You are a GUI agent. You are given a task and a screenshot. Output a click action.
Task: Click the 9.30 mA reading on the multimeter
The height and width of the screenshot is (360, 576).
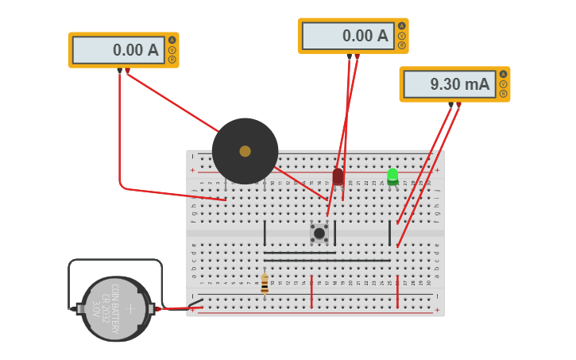[x=449, y=84]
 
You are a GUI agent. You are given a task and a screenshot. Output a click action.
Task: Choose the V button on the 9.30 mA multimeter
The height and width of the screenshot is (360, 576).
[x=503, y=83]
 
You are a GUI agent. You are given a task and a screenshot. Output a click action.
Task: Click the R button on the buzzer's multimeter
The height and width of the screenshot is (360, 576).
[x=172, y=59]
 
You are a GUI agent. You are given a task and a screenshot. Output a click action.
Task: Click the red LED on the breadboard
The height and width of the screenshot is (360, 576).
[x=338, y=176]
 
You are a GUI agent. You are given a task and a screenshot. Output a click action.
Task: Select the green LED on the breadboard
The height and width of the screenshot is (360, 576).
[x=392, y=176]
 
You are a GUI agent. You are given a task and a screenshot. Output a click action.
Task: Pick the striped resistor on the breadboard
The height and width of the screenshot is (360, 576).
[x=265, y=285]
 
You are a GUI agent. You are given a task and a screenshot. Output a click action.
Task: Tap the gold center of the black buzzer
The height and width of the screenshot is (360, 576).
[x=245, y=151]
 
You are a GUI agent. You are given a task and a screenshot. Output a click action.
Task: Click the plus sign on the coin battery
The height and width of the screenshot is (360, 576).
[x=131, y=308]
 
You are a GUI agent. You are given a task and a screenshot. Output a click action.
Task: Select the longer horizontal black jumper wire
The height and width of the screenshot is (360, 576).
[x=327, y=260]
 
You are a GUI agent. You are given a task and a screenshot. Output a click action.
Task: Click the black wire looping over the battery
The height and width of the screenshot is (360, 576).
[x=115, y=261]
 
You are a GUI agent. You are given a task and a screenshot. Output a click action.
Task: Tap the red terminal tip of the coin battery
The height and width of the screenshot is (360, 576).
[x=158, y=308]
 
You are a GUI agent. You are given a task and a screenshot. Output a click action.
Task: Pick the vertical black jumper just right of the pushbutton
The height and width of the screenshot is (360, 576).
[x=334, y=233]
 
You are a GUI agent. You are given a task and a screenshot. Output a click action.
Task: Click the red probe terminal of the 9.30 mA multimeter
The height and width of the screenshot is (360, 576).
[x=458, y=104]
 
